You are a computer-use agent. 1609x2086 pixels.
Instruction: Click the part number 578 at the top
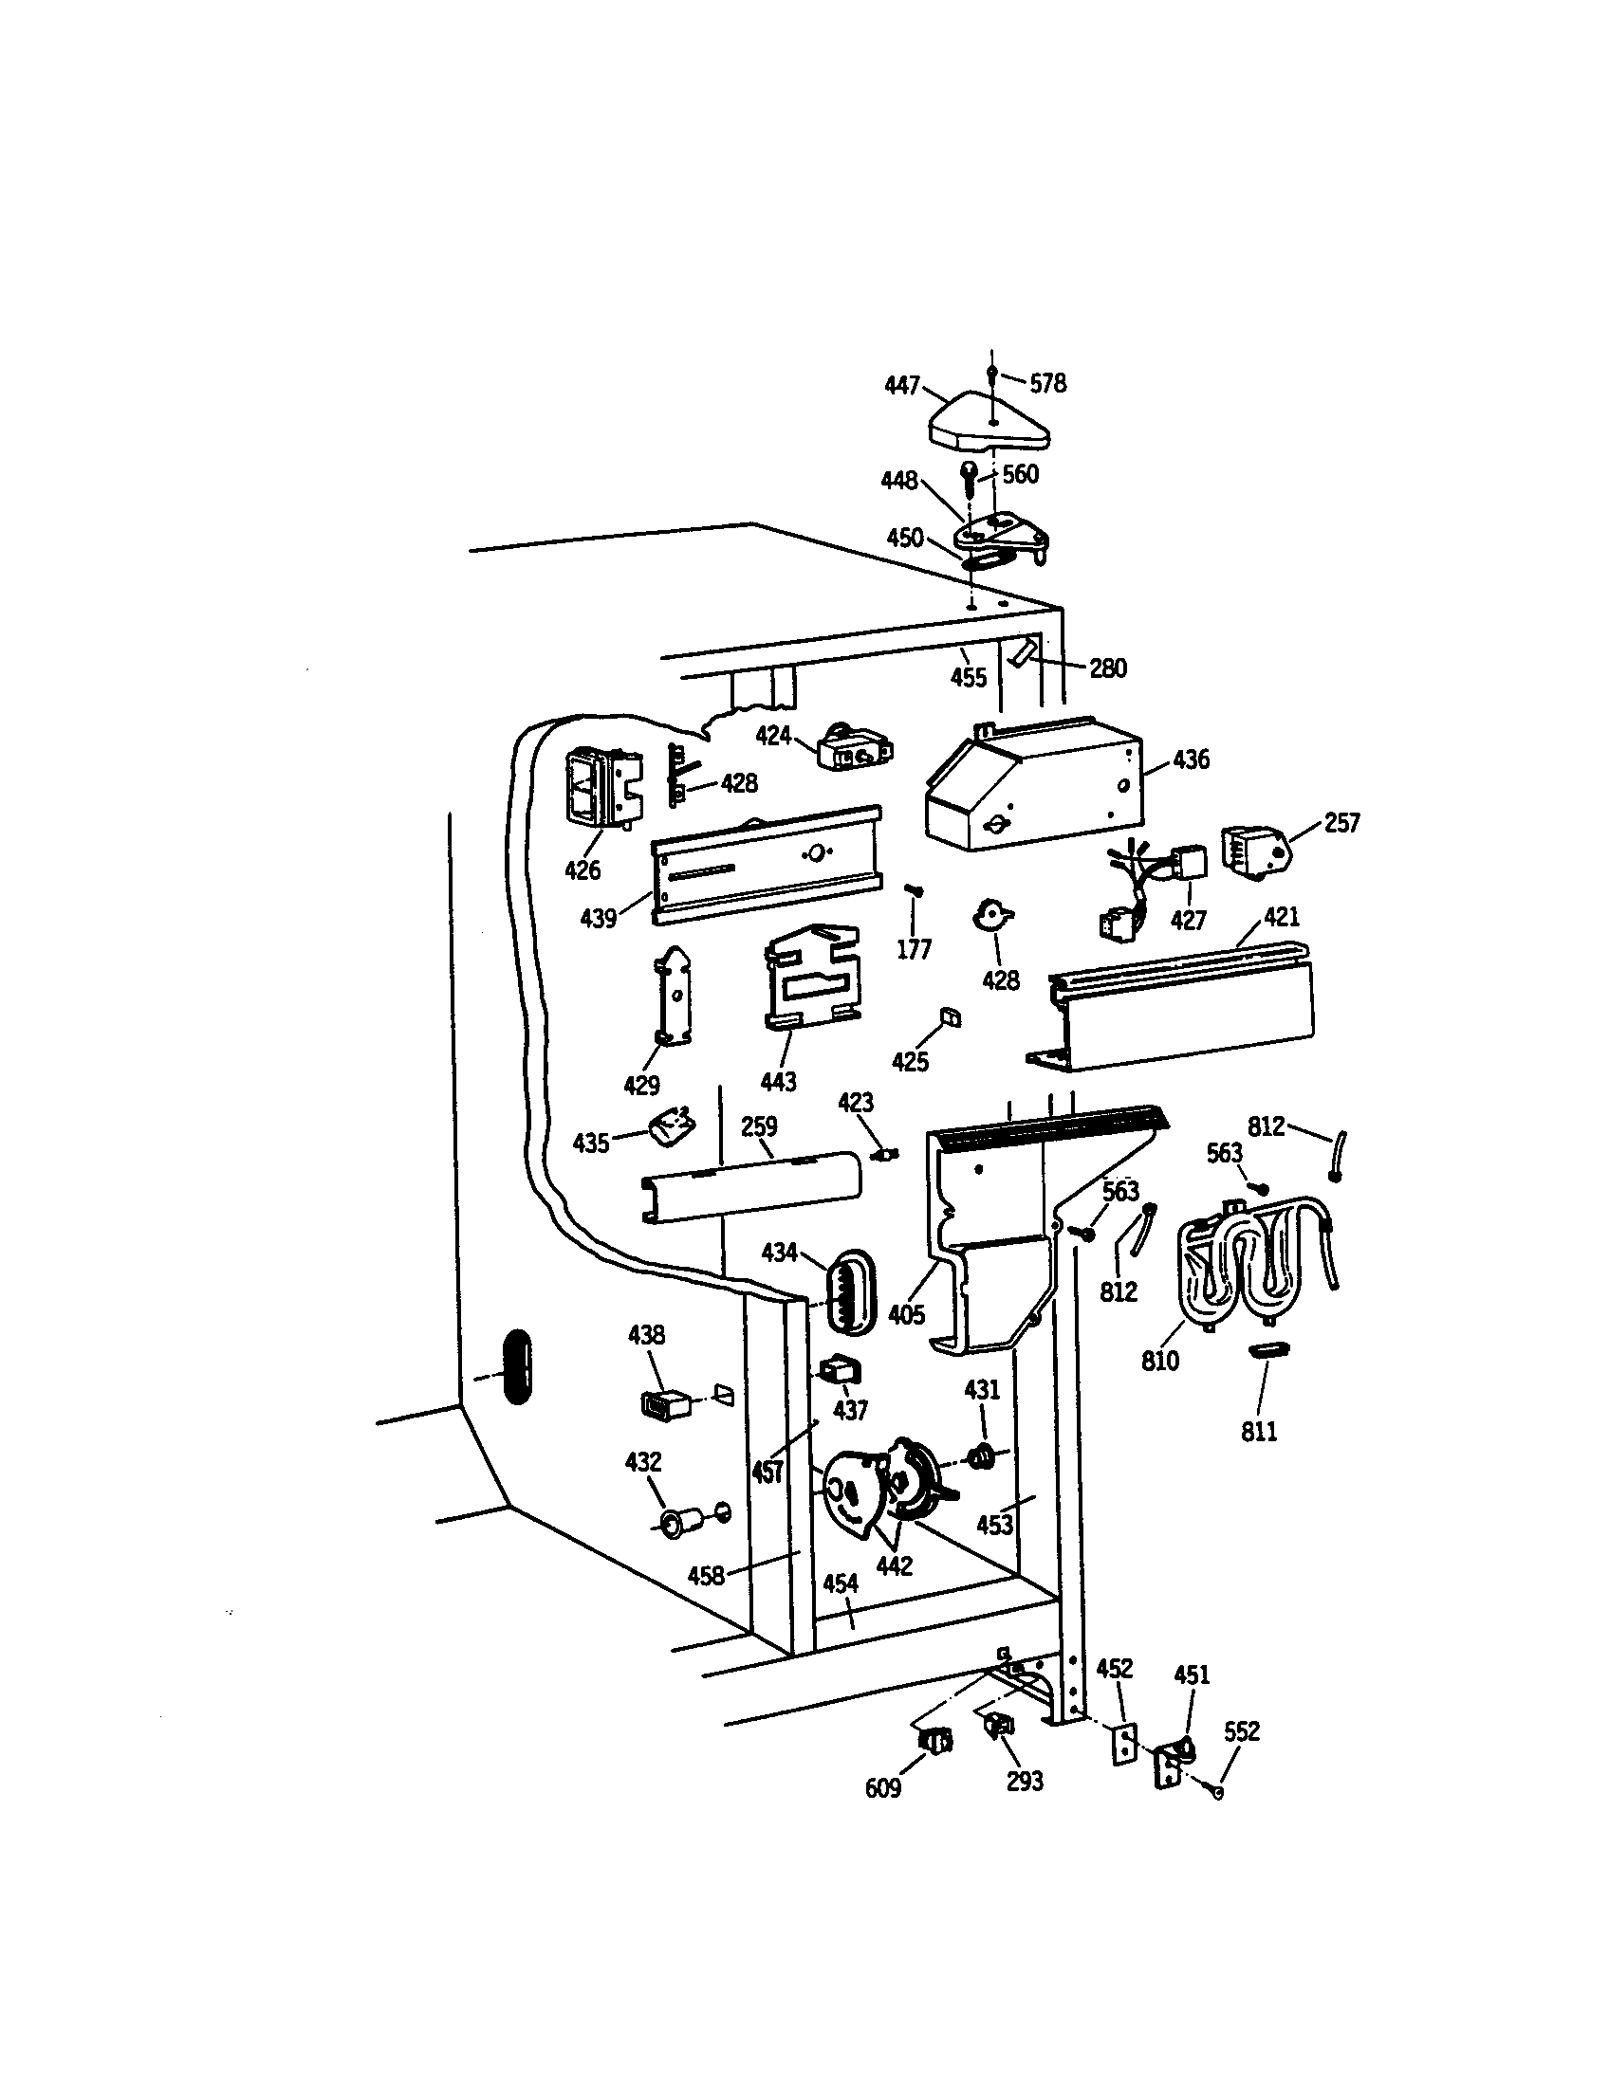pos(1047,384)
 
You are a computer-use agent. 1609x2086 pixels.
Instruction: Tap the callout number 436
pos(1191,759)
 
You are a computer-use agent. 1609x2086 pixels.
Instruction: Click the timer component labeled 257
pos(1254,852)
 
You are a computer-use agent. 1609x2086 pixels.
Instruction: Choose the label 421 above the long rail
pos(1282,917)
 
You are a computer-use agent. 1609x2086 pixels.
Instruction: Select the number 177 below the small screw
pos(914,949)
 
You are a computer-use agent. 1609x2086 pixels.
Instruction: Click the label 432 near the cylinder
pos(642,1461)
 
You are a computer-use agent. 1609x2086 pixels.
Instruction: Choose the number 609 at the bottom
pos(882,1788)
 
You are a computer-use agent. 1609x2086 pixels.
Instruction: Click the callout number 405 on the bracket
pos(906,1315)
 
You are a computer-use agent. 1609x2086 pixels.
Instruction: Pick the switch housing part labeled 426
pos(601,789)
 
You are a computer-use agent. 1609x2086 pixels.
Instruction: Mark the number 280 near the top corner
pos(1107,668)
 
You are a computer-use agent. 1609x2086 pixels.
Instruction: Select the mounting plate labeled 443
pos(812,976)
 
